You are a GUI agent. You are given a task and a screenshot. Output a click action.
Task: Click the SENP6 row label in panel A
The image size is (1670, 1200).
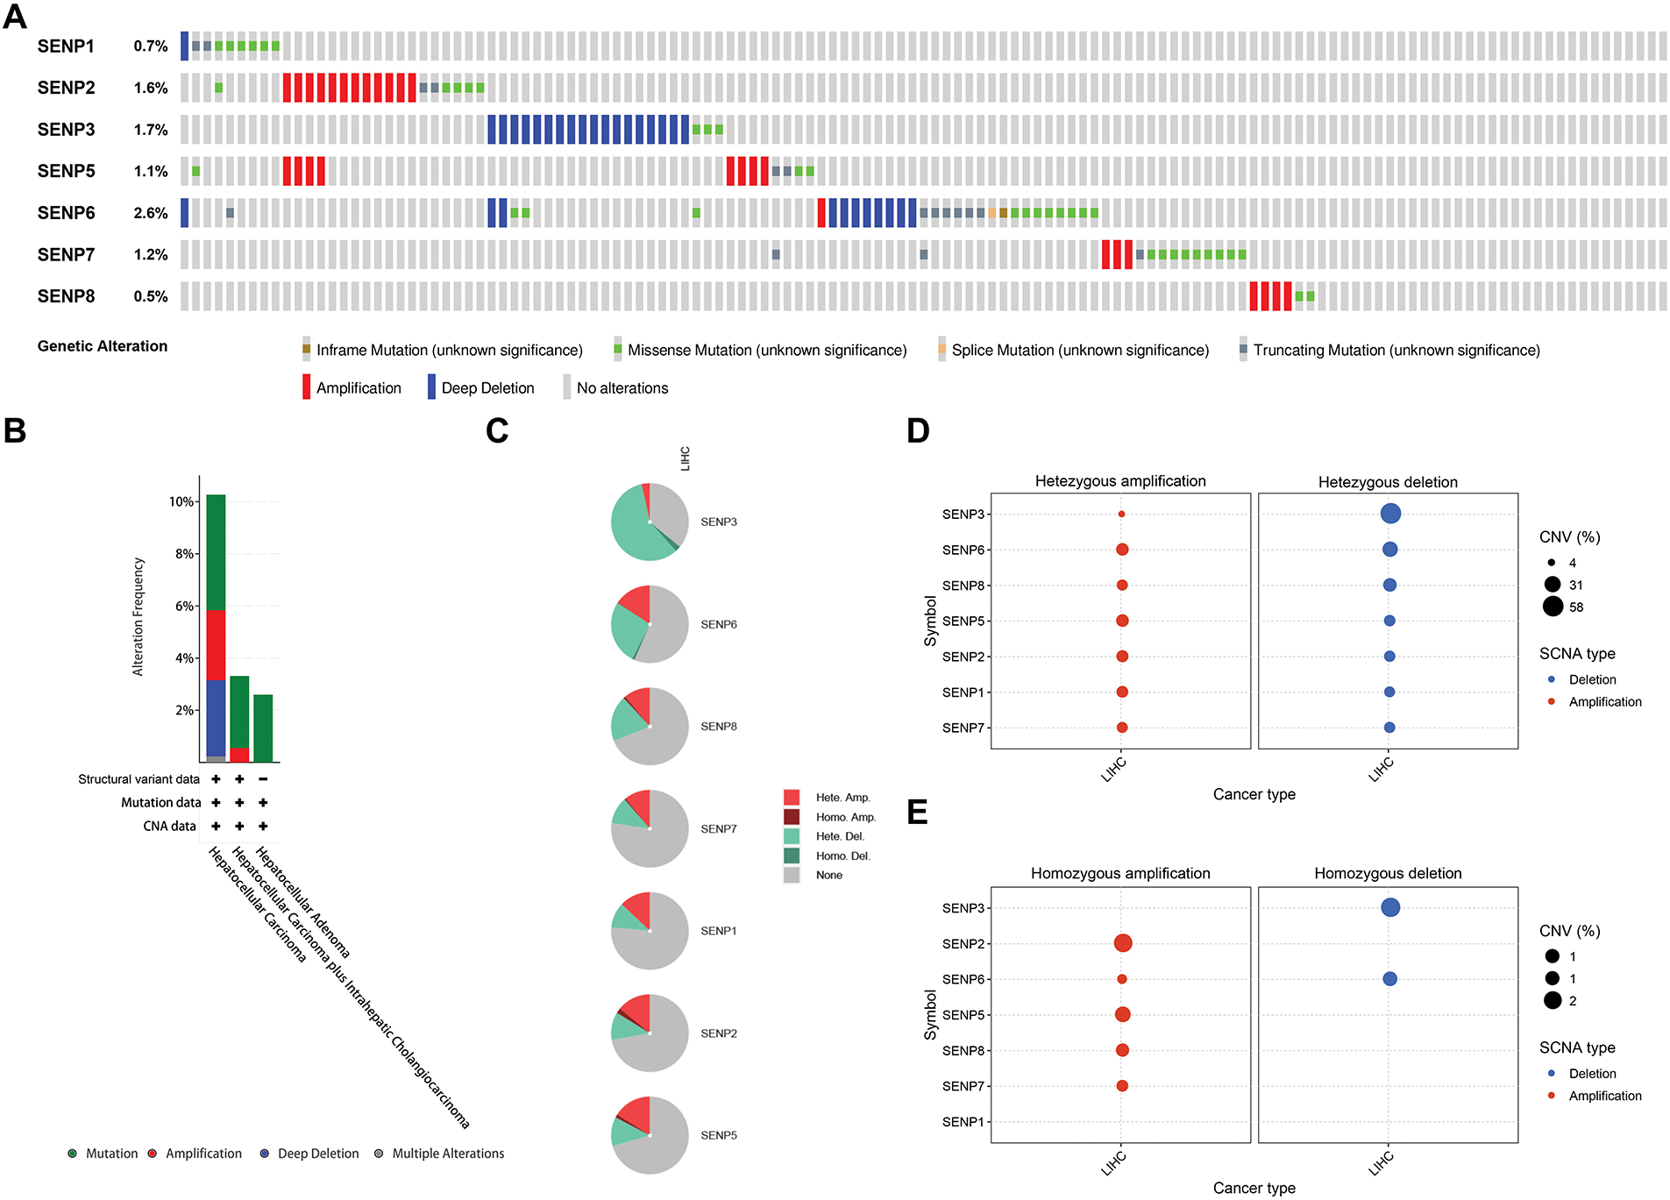(66, 213)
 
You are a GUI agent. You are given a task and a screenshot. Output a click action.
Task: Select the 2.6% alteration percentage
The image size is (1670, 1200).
(151, 213)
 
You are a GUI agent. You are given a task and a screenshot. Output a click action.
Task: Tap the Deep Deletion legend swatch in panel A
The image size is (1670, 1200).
(431, 387)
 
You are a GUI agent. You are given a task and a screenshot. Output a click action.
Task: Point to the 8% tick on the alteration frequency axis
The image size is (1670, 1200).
(183, 554)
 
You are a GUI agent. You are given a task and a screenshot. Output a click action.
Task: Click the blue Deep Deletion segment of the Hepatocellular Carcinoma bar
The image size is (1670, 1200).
(216, 717)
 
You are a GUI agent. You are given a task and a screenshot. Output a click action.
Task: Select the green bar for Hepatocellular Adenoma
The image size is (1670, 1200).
(263, 728)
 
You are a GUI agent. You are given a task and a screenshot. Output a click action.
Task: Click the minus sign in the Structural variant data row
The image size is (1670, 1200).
(263, 778)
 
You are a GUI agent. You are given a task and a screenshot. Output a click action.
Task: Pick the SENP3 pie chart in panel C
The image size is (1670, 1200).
(650, 522)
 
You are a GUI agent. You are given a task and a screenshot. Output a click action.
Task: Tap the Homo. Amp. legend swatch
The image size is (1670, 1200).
(792, 817)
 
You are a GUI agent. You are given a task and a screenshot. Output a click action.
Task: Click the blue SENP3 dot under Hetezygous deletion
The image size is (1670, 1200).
(1389, 514)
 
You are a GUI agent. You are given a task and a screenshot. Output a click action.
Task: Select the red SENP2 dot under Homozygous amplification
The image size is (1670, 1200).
(1122, 943)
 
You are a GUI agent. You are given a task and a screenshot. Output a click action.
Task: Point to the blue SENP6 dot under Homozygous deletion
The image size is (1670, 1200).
(1389, 979)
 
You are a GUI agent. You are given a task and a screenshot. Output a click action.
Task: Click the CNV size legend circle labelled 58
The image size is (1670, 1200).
(1553, 607)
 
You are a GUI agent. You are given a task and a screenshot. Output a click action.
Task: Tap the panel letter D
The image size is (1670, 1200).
(918, 430)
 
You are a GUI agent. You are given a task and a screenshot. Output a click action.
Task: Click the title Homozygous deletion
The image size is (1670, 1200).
(1388, 873)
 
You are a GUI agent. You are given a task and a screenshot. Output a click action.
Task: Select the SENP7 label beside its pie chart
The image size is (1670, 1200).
(718, 829)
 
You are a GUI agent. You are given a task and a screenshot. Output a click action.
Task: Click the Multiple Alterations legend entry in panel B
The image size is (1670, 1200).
(447, 1154)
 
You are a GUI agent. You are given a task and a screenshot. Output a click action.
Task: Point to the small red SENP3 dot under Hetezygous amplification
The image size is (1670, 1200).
(1121, 515)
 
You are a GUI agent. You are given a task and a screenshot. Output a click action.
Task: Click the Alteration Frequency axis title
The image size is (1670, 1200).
(138, 616)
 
